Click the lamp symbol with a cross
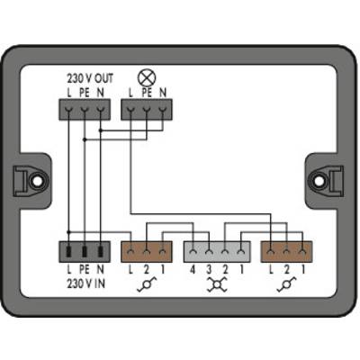click(x=147, y=77)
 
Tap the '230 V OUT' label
click(x=90, y=79)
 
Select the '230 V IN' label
click(x=86, y=283)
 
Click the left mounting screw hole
click(x=37, y=181)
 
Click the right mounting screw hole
click(x=319, y=181)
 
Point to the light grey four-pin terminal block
click(x=217, y=252)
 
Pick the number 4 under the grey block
click(x=193, y=270)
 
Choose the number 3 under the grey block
click(x=209, y=270)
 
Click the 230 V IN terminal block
click(x=85, y=252)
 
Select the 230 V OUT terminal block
click(x=85, y=110)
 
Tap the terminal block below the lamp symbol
click(x=147, y=110)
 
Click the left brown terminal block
click(x=147, y=252)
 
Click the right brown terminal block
click(x=287, y=252)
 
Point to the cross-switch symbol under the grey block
click(x=217, y=284)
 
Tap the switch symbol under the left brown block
click(x=147, y=284)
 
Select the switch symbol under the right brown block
click(x=287, y=284)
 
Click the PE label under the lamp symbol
click(x=147, y=93)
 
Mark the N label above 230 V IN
click(x=101, y=270)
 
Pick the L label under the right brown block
click(x=271, y=270)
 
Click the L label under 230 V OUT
click(x=69, y=93)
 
